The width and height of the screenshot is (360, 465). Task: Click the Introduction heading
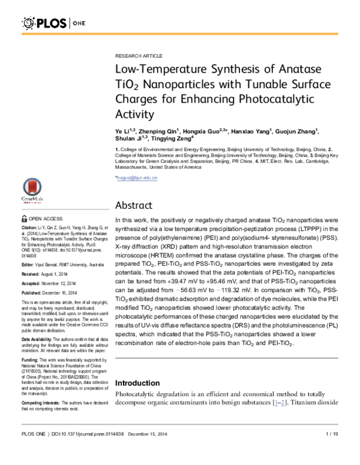140,383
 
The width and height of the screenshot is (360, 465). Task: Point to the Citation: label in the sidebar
29,229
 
